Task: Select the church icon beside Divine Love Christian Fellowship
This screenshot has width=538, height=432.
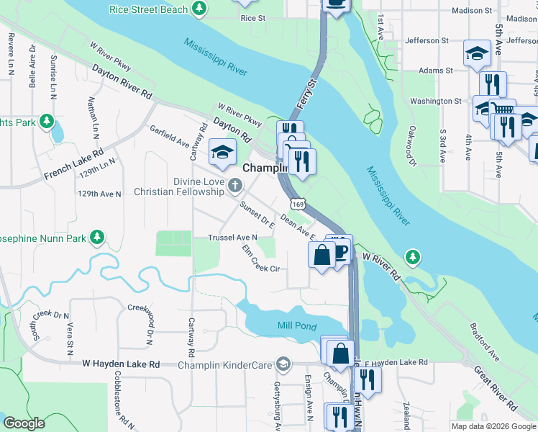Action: (x=234, y=187)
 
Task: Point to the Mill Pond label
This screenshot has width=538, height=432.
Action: (x=296, y=326)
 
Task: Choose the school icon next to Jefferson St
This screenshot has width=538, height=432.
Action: (x=476, y=54)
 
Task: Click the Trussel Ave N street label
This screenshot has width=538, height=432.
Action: (x=232, y=238)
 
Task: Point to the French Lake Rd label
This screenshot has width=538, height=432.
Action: (x=73, y=164)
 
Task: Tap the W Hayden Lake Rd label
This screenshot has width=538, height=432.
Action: (x=121, y=365)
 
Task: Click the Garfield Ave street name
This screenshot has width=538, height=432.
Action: (x=170, y=138)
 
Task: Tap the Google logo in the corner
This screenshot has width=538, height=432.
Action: (x=24, y=423)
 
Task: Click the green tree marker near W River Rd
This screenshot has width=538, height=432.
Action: (x=412, y=256)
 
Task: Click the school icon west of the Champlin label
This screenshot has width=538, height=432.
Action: (x=223, y=151)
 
